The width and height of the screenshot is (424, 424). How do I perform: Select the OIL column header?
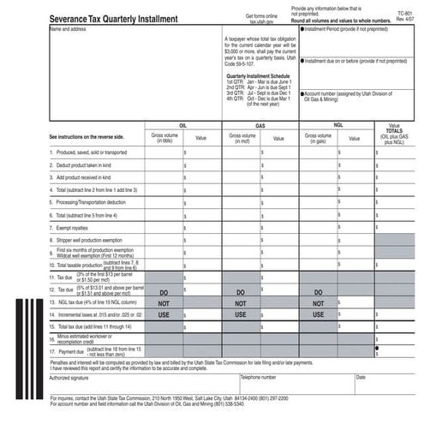pos(182,124)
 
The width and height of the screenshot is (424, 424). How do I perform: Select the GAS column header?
pos(260,124)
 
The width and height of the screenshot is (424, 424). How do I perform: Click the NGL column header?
pos(338,124)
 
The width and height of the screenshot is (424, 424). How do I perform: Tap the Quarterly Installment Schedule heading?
pos(257,75)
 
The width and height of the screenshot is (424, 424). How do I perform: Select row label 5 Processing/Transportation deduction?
pos(95,203)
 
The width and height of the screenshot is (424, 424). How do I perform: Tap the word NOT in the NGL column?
pos(320,303)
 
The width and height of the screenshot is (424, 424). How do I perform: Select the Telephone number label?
pos(258,377)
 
